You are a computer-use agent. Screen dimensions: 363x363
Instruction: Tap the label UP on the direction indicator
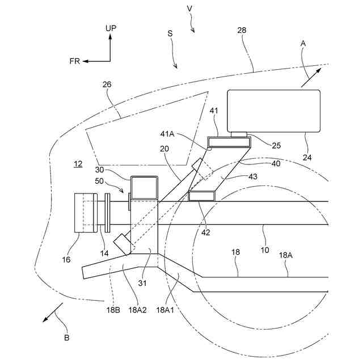(x=111, y=27)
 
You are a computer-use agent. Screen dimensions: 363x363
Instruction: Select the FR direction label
(x=75, y=61)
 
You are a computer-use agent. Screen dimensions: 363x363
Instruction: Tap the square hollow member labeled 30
(x=143, y=187)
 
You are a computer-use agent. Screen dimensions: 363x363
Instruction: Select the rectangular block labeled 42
(x=202, y=196)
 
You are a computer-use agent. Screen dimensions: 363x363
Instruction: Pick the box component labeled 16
(x=86, y=213)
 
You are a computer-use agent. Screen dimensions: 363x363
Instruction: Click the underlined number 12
(x=78, y=164)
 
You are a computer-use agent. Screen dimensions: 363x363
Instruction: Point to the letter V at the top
(x=189, y=9)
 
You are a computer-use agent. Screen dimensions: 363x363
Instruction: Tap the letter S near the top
(x=170, y=34)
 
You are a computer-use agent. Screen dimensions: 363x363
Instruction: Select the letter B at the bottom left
(x=67, y=338)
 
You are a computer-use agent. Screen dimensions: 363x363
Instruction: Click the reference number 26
(x=107, y=85)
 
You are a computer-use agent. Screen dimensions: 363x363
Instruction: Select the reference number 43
(x=253, y=176)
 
